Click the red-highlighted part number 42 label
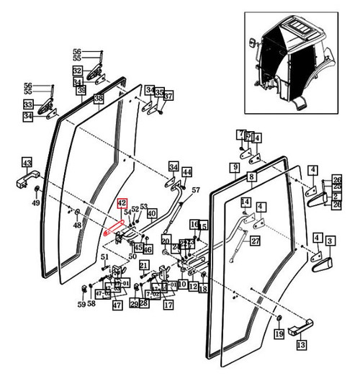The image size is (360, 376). [x=122, y=205]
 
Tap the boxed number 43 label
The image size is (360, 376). [x=27, y=162]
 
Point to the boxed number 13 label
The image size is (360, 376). [x=301, y=344]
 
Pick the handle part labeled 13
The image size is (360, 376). [x=298, y=331]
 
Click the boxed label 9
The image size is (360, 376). [x=234, y=167]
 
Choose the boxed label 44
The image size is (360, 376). [x=186, y=172]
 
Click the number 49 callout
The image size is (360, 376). [x=36, y=202]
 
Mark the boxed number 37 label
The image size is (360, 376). [x=168, y=97]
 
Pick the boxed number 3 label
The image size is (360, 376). [x=330, y=240]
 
